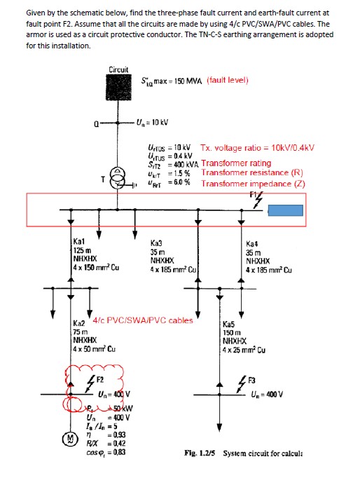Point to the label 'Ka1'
pyautogui.click(x=79, y=242)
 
